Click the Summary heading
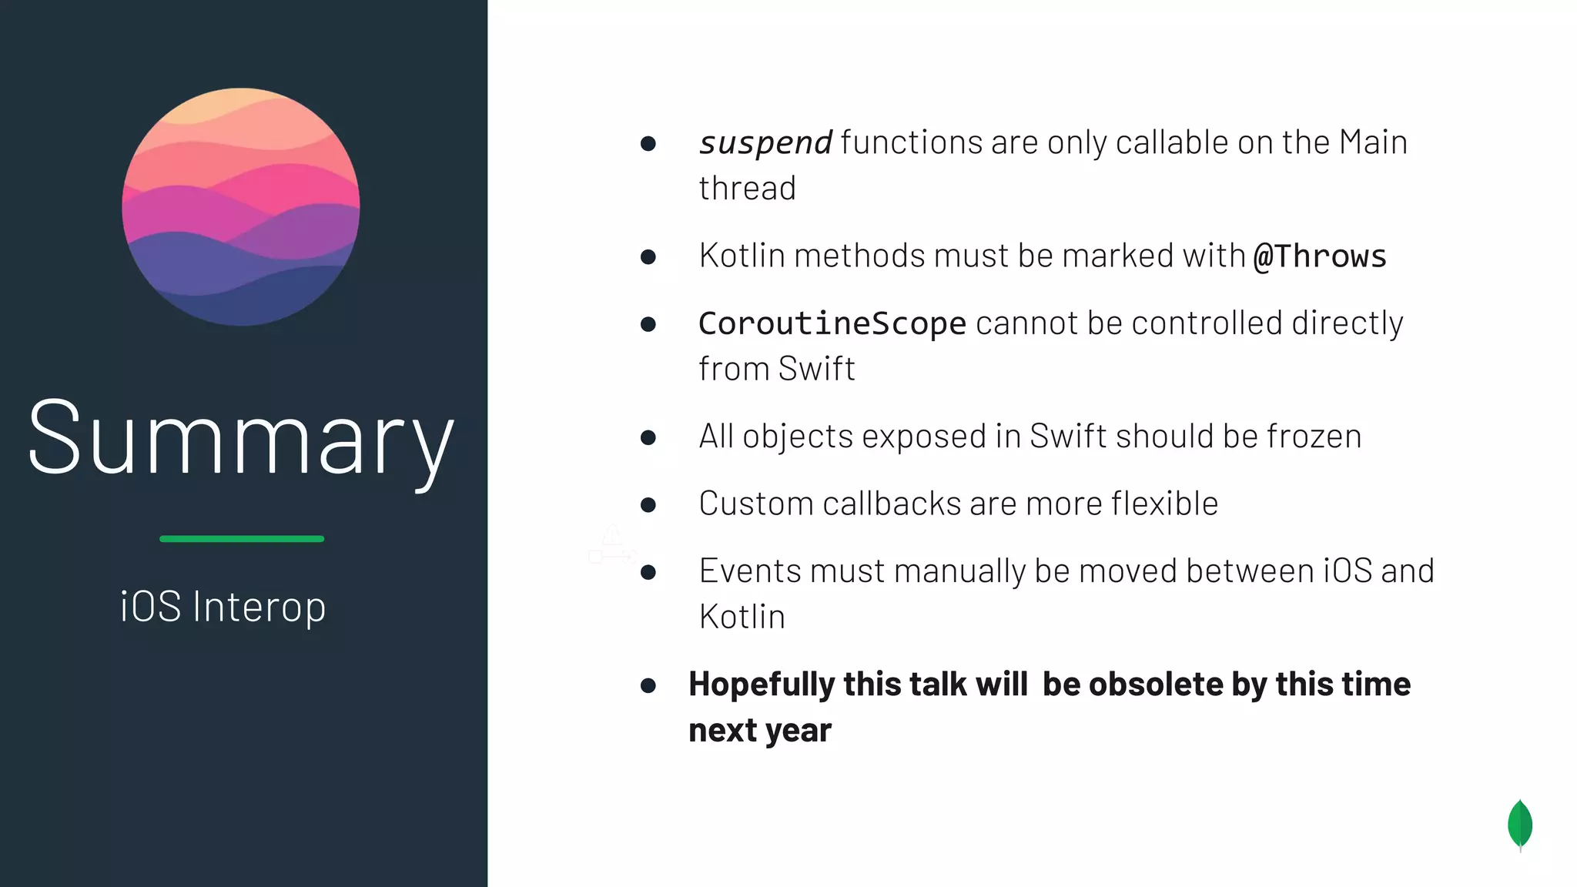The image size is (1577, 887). [240, 439]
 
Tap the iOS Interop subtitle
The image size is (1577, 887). [223, 607]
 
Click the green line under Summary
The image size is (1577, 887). [242, 539]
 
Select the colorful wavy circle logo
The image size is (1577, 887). [241, 206]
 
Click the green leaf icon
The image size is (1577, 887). [1520, 825]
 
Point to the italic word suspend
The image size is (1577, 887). [765, 143]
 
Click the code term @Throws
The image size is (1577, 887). [1320, 256]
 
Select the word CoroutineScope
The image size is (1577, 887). [832, 323]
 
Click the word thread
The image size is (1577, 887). [747, 189]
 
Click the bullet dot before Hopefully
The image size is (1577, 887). [648, 685]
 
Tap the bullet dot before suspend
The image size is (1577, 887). [648, 143]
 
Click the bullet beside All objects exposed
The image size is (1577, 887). [648, 437]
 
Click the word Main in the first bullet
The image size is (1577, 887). [1373, 142]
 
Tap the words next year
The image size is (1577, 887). [760, 731]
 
